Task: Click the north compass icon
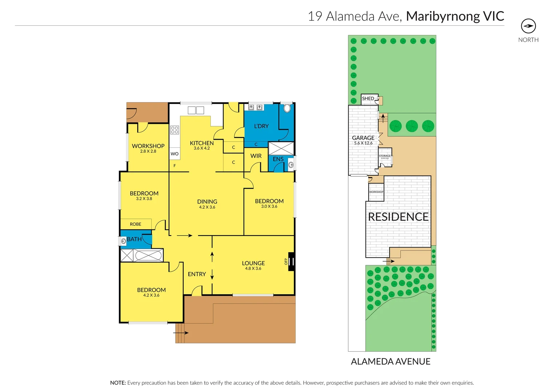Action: click(528, 26)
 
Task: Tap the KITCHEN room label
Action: click(202, 143)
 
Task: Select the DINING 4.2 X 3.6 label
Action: click(207, 204)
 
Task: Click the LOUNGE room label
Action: click(253, 263)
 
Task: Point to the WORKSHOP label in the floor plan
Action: click(148, 146)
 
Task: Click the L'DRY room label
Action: click(261, 126)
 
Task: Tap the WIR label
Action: click(256, 156)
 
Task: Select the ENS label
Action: click(278, 159)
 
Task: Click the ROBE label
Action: click(135, 224)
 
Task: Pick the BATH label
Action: click(134, 239)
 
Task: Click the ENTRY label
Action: click(197, 274)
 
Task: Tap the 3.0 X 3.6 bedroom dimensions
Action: click(269, 207)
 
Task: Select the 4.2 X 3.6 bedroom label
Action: click(151, 292)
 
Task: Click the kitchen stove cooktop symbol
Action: click(175, 130)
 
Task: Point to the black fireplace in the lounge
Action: click(291, 261)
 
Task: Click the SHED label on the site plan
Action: click(368, 98)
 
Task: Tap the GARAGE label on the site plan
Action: click(363, 138)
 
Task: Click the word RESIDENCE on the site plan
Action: click(398, 217)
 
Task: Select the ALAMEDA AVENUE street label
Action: click(390, 362)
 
